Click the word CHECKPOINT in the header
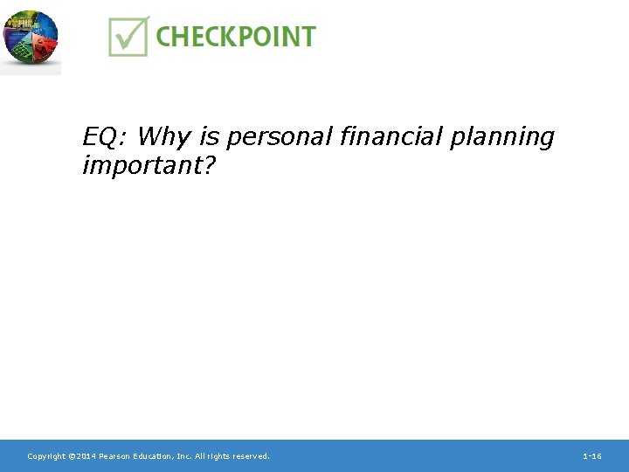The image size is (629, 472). click(x=235, y=37)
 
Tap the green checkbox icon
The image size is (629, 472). click(x=128, y=36)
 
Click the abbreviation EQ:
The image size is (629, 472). click(x=106, y=137)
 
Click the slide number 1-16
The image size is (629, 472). click(x=591, y=456)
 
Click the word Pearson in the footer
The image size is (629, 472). click(x=115, y=456)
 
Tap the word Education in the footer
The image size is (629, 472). click(x=155, y=456)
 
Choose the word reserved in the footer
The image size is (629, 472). click(x=250, y=456)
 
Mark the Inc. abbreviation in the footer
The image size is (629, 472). click(x=185, y=456)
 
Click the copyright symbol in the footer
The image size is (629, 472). click(x=72, y=456)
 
